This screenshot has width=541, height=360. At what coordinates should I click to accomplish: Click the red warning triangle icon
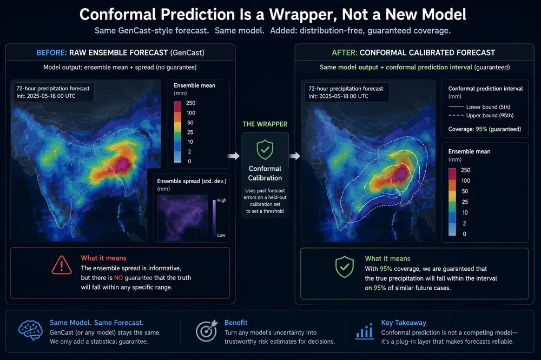pos(62,265)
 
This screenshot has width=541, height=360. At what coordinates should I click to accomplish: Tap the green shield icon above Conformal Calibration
pos(265,149)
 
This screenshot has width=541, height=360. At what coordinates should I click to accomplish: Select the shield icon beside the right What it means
pos(344,266)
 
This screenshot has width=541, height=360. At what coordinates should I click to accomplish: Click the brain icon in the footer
pos(30,330)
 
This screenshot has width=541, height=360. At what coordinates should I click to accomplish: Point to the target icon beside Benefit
pos(207,331)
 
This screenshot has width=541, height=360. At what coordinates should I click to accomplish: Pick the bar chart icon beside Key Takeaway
pos(364,331)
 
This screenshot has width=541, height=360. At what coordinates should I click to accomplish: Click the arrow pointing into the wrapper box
pos(234,156)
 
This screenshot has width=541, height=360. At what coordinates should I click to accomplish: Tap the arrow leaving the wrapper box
pos(294,156)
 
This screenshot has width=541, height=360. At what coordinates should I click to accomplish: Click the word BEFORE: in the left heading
pos(51,53)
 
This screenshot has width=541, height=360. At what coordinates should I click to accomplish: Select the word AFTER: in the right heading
pos(344,53)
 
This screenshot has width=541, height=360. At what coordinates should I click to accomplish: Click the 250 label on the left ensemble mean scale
pos(191,103)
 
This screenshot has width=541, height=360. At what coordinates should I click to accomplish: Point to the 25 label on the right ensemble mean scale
pos(465,202)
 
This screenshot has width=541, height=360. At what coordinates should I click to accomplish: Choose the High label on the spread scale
pos(222,201)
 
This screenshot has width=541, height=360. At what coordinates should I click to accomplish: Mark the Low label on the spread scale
pos(221,235)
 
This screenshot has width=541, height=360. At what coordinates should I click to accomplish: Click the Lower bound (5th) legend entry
pos(479,107)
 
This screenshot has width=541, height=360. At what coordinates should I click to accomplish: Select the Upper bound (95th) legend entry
pos(481,116)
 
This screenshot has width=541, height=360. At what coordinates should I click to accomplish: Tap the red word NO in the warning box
pos(118,278)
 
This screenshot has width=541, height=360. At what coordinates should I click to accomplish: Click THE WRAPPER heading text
pos(265,124)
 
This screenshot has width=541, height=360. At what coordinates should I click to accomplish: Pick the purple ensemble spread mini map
pos(182,218)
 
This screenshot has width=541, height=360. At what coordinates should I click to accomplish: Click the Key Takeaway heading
pos(404,323)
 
